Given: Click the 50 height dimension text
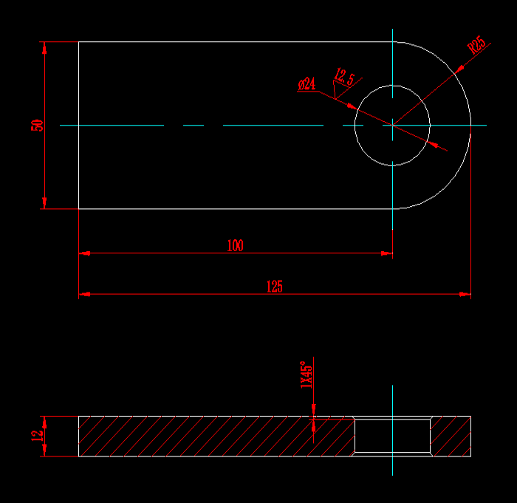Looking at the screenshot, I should tap(36, 125).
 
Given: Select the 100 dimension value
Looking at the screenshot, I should tap(235, 246).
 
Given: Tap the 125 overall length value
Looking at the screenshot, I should tap(274, 287).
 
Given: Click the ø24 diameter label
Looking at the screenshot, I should tap(307, 84).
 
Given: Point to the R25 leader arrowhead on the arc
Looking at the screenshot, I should tap(459, 68).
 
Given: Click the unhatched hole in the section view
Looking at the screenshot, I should tap(392, 436).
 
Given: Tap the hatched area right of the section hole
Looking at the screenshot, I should tap(451, 436).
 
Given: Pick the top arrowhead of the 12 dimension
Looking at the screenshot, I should tap(45, 420).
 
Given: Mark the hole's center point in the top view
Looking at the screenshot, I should tap(392, 125).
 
